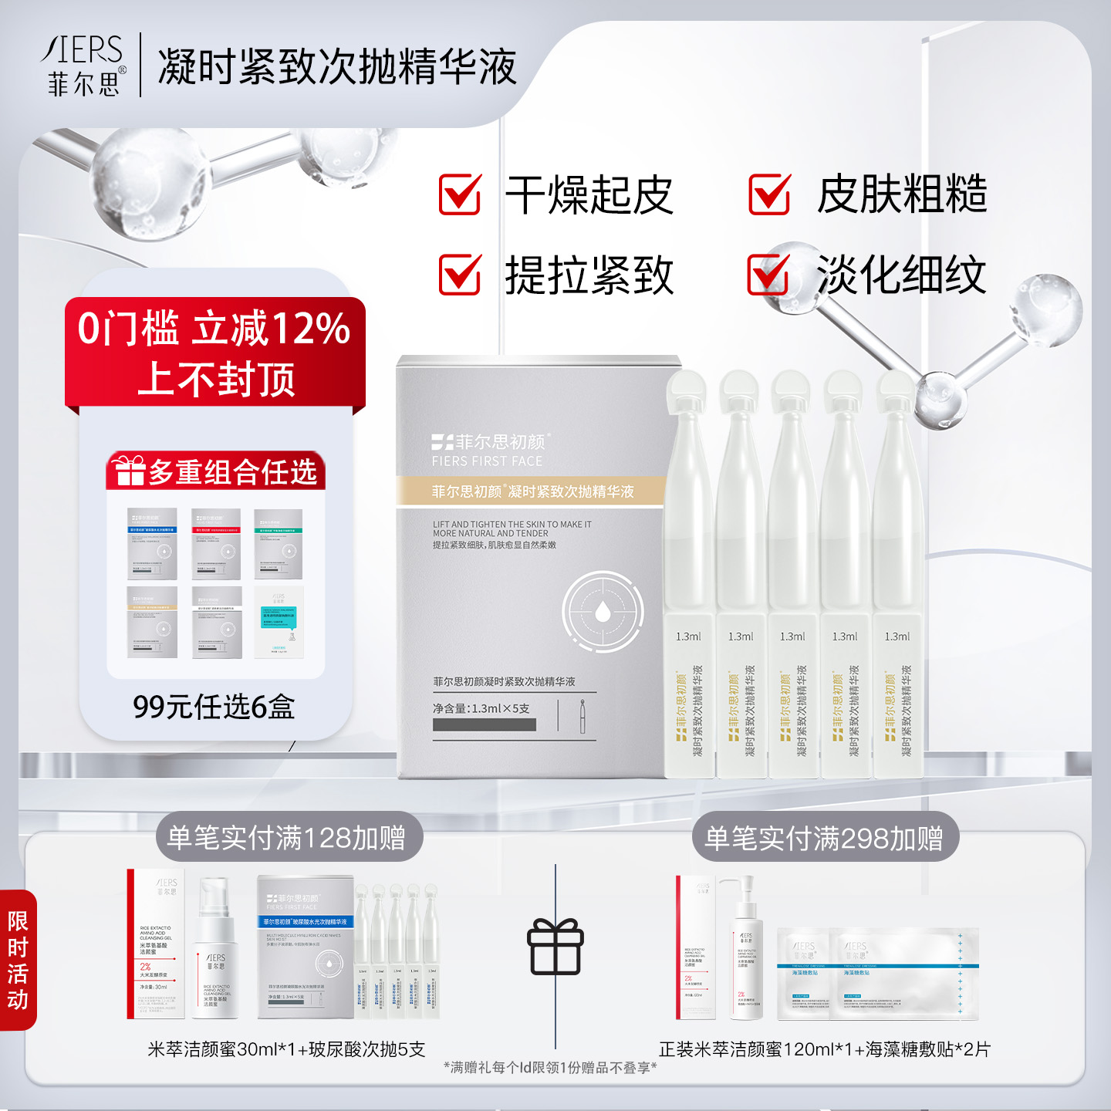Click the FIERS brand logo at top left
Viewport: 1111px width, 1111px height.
83,66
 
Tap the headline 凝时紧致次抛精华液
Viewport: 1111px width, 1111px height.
337,67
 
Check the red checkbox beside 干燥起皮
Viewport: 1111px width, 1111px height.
460,194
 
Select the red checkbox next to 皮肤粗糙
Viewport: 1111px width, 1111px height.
769,194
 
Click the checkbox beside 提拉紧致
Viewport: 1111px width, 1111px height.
460,275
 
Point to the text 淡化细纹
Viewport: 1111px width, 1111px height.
901,275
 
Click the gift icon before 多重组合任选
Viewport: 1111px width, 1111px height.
128,471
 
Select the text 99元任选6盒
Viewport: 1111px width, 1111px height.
214,707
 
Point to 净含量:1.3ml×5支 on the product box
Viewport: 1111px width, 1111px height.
481,708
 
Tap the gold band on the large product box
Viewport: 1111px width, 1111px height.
531,491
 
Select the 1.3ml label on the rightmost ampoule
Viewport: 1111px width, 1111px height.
897,637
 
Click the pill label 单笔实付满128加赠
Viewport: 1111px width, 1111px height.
287,838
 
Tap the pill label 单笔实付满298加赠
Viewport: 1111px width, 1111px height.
824,838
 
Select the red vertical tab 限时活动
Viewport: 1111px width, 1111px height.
18,960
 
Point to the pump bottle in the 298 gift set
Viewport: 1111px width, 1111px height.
746,949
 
